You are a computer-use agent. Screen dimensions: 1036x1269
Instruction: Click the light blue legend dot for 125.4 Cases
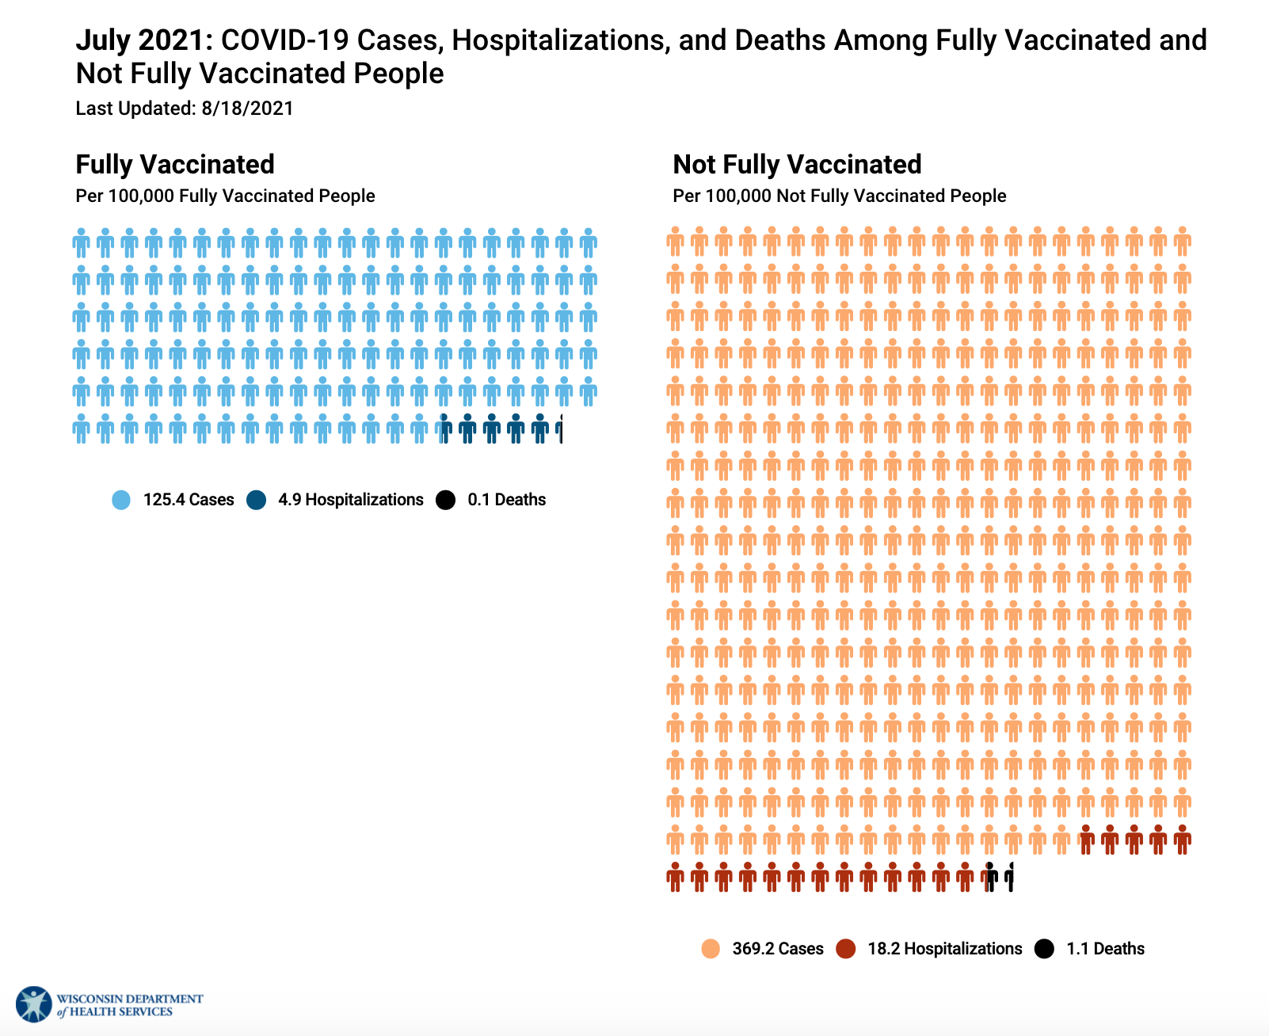[x=121, y=500]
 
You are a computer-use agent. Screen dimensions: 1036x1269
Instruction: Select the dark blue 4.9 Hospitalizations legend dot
[x=256, y=500]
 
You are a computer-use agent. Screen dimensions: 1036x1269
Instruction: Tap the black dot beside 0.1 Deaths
[x=446, y=500]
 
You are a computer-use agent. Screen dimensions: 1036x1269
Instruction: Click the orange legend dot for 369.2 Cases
[x=711, y=949]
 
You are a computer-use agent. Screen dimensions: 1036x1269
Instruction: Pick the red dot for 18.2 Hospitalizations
[x=846, y=949]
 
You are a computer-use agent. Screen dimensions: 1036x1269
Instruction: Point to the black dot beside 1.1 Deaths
[x=1045, y=949]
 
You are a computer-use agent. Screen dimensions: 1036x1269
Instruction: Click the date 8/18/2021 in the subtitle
[x=247, y=109]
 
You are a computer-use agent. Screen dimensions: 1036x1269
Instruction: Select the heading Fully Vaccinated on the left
[x=175, y=164]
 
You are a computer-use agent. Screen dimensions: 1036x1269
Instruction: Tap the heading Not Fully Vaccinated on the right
[x=797, y=164]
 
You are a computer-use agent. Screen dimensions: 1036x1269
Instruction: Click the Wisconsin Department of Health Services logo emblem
[x=33, y=1004]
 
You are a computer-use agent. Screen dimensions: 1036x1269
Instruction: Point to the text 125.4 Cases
[x=189, y=500]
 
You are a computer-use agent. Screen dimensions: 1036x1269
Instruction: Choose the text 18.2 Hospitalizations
[x=945, y=949]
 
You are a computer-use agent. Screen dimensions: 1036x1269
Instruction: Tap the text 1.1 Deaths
[x=1105, y=949]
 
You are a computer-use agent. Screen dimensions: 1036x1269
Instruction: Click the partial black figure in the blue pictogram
[x=561, y=428]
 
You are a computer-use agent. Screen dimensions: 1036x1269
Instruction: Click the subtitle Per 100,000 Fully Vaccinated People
[x=225, y=196]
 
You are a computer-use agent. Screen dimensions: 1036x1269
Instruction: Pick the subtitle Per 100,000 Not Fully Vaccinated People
[x=840, y=196]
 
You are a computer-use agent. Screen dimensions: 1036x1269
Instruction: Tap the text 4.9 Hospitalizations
[x=351, y=500]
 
